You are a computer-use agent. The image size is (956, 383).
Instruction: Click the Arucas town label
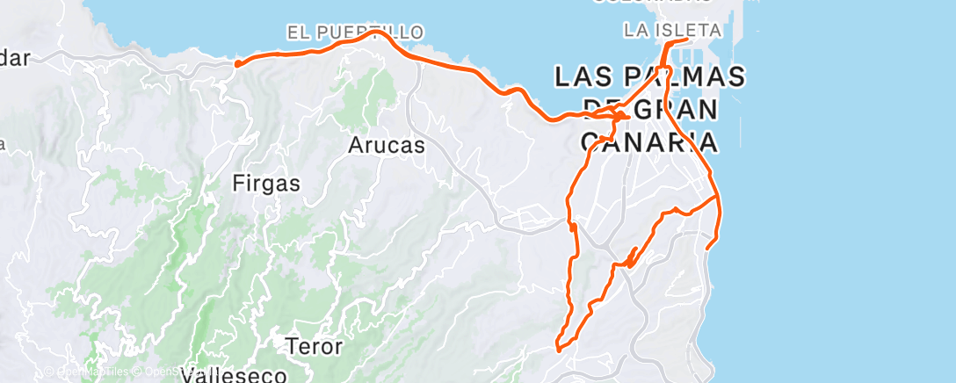pos(386,145)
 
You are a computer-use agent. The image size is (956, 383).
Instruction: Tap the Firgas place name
pos(266,184)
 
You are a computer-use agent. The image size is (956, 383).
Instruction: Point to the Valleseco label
pos(234,376)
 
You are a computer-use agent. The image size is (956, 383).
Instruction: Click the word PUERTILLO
pos(370,33)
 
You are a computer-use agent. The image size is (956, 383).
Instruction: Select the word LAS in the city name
pos(583,77)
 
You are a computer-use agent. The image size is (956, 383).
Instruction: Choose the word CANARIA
pos(646,141)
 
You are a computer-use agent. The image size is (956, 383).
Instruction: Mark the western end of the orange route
pos(237,62)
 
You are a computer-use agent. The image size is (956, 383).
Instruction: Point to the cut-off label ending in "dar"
pos(15,59)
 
